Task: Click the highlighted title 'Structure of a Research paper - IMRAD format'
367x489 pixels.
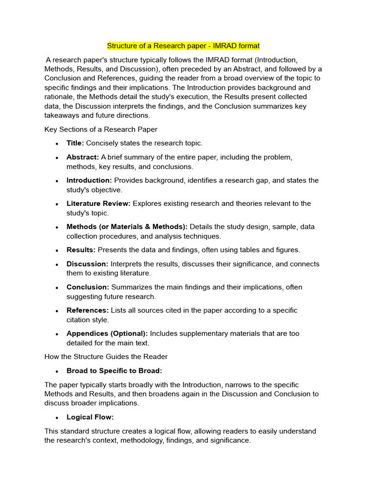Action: (x=183, y=46)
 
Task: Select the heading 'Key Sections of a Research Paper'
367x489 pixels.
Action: (x=101, y=129)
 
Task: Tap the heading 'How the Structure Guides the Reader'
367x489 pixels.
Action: (x=106, y=357)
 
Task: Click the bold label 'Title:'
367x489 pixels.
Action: (x=75, y=143)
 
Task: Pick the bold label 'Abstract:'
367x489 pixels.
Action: (x=83, y=157)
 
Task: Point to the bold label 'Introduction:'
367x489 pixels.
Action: (x=89, y=181)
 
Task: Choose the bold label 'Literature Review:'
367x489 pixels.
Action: (x=98, y=203)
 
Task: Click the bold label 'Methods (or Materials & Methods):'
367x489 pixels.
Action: (x=127, y=227)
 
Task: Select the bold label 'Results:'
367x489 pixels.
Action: (x=81, y=250)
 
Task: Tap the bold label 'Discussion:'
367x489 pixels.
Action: (x=87, y=264)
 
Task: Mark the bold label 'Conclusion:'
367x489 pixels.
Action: (x=88, y=287)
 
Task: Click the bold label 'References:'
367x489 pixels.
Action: (x=87, y=310)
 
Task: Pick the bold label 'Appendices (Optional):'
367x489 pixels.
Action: (x=107, y=333)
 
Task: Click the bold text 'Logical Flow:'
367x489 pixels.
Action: (x=90, y=417)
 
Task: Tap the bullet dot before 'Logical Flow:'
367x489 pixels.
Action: (x=56, y=418)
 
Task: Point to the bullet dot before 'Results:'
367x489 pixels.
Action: (x=56, y=250)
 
